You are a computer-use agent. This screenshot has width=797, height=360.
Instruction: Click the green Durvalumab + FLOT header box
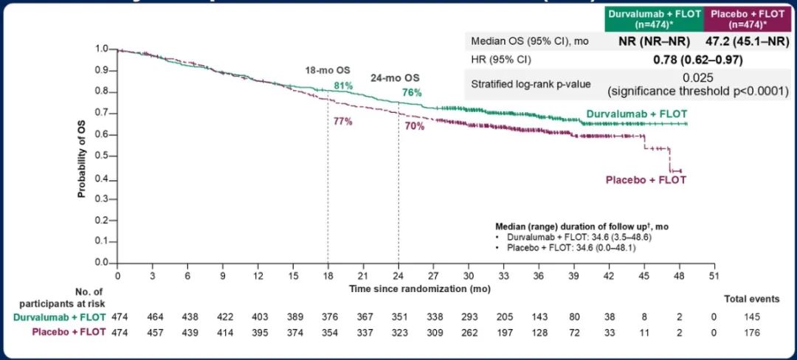point(653,17)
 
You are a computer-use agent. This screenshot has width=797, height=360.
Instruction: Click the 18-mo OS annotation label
point(328,71)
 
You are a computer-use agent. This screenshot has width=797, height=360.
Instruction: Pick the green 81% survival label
point(343,86)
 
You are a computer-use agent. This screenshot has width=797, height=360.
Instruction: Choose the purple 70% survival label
point(415,127)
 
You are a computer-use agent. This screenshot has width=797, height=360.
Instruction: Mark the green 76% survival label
point(412,93)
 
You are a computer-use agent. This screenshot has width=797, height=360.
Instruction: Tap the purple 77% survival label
point(342,122)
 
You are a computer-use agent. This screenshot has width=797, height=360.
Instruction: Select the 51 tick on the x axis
point(713,274)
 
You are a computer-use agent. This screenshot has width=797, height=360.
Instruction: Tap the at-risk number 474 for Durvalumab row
point(118,316)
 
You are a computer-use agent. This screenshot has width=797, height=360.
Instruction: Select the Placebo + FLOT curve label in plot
point(646,180)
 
